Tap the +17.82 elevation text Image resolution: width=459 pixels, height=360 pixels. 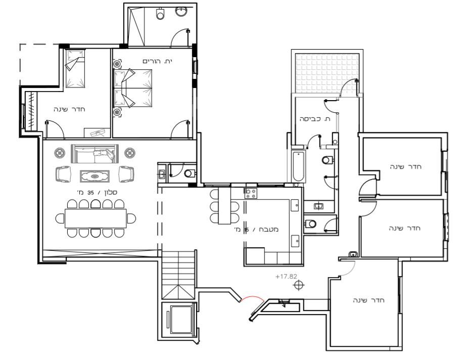(286, 277)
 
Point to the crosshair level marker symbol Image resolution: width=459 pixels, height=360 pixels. (299, 285)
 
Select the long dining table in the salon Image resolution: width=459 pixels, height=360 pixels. (96, 218)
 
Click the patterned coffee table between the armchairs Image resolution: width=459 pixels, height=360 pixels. (95, 176)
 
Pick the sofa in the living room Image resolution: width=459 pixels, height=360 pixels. (95, 154)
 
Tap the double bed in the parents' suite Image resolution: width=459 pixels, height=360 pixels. (133, 88)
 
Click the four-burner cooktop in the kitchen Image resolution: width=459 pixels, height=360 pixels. (251, 193)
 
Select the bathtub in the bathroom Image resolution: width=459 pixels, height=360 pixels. (299, 166)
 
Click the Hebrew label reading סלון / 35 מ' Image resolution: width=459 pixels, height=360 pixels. (97, 192)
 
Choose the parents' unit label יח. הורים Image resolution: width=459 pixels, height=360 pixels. (157, 61)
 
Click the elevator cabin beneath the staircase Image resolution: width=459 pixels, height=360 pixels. (181, 320)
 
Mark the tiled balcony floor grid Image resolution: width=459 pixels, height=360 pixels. (327, 73)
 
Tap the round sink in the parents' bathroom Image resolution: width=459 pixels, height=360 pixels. (181, 11)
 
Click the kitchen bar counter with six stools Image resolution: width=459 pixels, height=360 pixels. (224, 206)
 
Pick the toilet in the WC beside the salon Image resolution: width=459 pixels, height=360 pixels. (190, 173)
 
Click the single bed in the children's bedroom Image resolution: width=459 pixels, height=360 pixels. (75, 69)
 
